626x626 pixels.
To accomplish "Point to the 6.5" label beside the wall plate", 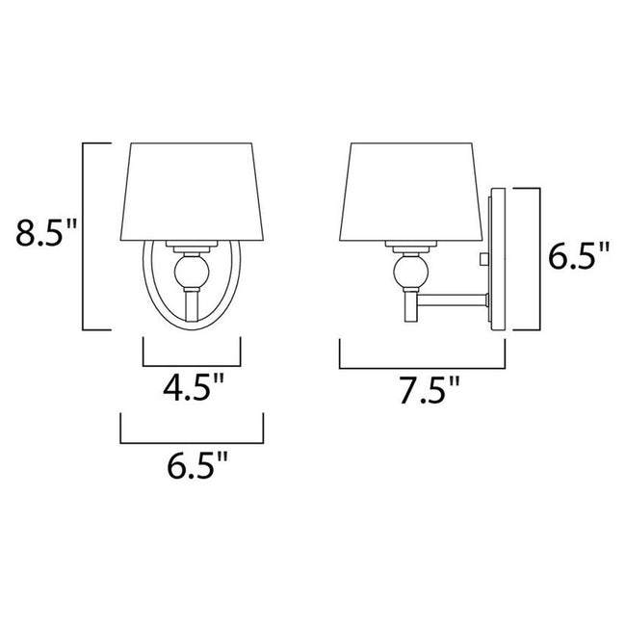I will (578, 257).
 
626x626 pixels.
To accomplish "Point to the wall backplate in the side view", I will (497, 259).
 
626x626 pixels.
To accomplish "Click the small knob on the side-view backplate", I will (484, 259).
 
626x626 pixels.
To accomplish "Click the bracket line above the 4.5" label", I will (192, 366).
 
